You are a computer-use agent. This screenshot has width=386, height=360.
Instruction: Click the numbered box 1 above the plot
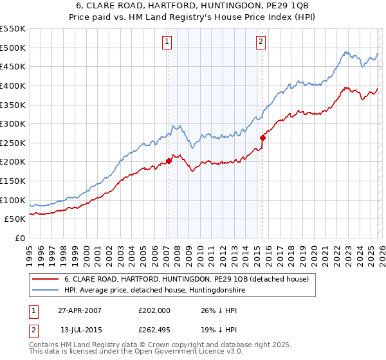(x=167, y=42)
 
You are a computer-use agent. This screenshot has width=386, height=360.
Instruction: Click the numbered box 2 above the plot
(x=261, y=42)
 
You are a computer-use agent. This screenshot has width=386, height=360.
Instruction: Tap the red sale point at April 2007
(x=169, y=161)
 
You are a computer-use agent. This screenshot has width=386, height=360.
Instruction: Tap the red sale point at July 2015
(x=262, y=138)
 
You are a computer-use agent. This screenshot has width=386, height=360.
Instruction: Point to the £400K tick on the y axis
(x=13, y=85)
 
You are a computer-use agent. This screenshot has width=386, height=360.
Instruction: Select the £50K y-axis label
(x=15, y=219)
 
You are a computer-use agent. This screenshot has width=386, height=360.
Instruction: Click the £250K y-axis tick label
(x=13, y=143)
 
